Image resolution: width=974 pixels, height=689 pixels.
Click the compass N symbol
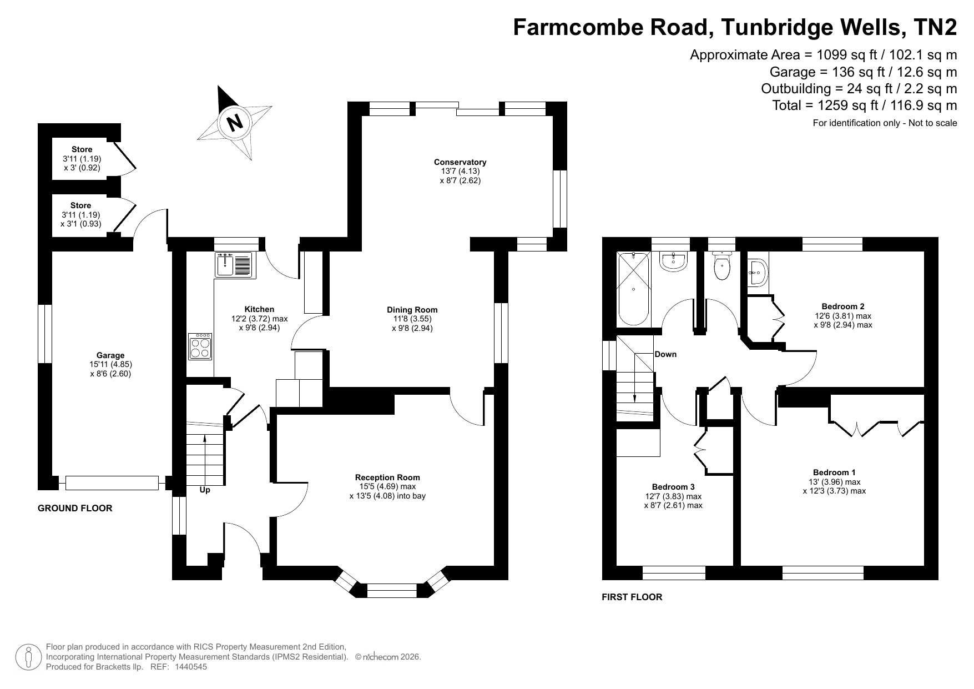click(235, 122)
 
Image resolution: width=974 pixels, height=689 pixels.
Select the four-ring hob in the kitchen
click(200, 346)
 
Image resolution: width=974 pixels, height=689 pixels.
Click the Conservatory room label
click(460, 162)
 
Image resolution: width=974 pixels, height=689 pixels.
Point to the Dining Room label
click(412, 310)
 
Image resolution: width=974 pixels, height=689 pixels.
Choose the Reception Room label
click(387, 477)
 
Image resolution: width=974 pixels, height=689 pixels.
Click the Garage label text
click(110, 355)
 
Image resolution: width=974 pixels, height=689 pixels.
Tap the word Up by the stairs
click(205, 490)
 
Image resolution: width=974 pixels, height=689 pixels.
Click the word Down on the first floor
click(665, 354)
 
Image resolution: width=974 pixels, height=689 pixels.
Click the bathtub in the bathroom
click(634, 288)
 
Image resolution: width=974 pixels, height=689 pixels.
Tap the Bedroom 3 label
click(673, 487)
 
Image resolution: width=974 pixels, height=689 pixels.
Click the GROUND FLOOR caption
click(75, 508)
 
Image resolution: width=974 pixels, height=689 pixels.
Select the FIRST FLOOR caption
click(632, 597)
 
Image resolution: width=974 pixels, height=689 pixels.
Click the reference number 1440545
click(191, 667)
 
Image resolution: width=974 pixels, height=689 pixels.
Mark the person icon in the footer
click(28, 657)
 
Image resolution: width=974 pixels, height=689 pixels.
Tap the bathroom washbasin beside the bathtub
click(674, 261)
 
